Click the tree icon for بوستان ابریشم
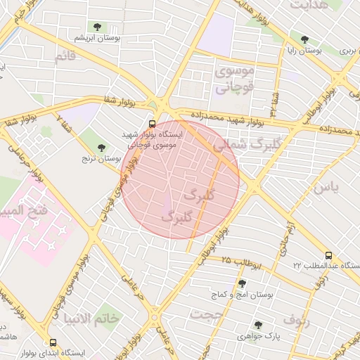[97, 27]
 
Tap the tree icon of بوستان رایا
[304, 39]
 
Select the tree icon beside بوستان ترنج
[102, 148]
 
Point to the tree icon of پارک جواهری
[258, 325]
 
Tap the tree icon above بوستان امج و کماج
[242, 283]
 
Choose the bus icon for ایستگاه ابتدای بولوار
[53, 342]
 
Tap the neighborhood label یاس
[326, 188]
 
